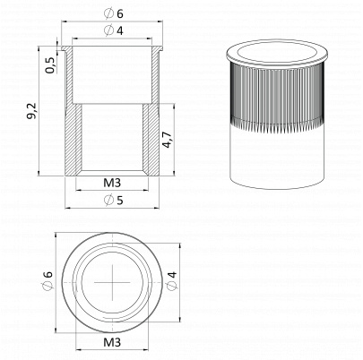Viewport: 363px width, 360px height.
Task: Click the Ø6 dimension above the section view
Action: point(114,13)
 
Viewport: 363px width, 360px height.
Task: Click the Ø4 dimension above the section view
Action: point(114,30)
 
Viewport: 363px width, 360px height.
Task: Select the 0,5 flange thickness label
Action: point(50,65)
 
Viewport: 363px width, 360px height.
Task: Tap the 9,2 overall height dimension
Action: point(31,111)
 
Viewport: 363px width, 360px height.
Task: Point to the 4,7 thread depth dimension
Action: point(167,140)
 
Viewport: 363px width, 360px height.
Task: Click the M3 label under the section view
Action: point(112,183)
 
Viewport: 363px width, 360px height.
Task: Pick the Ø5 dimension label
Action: point(114,201)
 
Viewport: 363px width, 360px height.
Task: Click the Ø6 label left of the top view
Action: point(48,280)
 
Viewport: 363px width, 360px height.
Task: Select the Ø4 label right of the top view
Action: point(172,280)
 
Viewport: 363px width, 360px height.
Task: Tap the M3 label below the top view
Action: point(112,342)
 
